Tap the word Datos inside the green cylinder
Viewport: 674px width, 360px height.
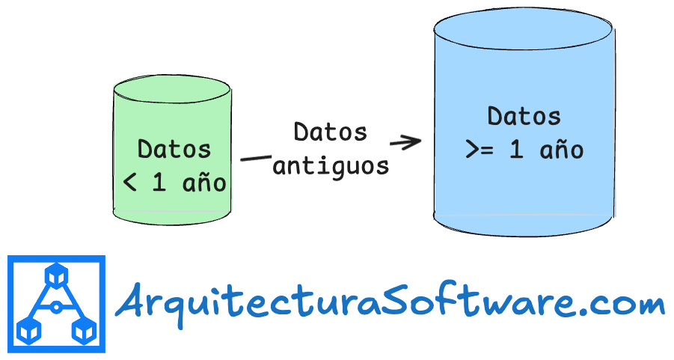tap(174, 148)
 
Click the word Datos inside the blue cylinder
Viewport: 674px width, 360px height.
tap(524, 117)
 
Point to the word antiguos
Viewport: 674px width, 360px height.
tap(331, 165)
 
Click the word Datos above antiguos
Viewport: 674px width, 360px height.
tap(331, 132)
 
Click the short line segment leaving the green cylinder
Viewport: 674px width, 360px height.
tap(254, 159)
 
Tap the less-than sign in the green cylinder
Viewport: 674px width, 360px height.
tap(129, 183)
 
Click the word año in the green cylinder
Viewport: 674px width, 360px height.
tap(204, 183)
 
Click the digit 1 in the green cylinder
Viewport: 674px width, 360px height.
tap(159, 183)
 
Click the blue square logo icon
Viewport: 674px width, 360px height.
tap(56, 304)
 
